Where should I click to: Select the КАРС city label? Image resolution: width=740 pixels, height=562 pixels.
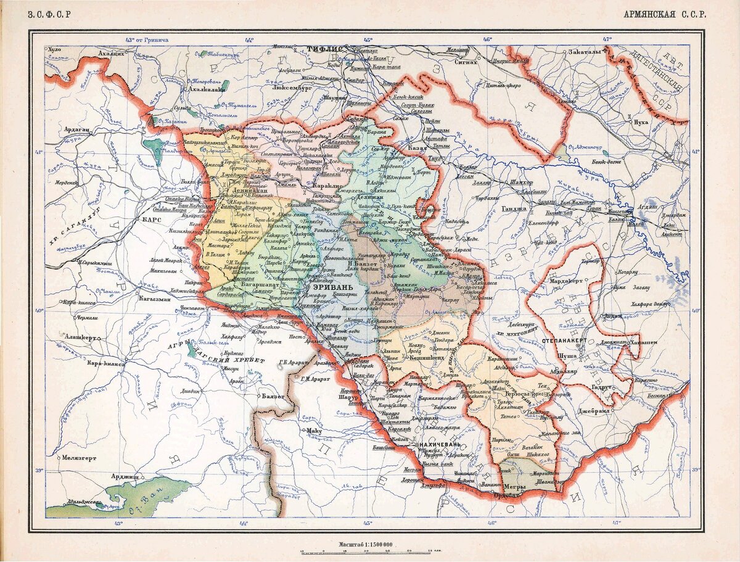pyautogui.click(x=153, y=219)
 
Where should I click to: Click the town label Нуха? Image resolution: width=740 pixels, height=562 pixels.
pyautogui.click(x=641, y=122)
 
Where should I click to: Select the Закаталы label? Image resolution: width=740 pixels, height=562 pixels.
pyautogui.click(x=584, y=52)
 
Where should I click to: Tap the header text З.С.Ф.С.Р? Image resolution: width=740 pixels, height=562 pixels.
pyautogui.click(x=49, y=14)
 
